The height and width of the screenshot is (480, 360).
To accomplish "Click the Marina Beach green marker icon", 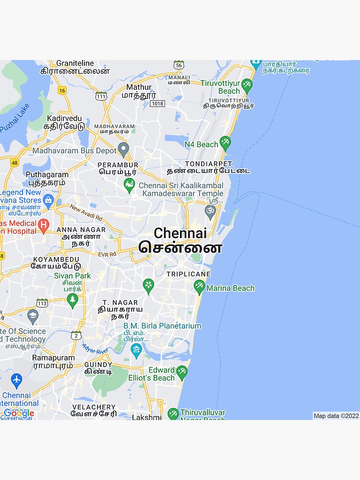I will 199,287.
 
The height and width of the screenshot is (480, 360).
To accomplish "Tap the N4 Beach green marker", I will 225,143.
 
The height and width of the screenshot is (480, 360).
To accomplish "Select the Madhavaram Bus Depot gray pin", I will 123,149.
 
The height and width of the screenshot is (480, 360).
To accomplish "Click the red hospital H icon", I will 43,224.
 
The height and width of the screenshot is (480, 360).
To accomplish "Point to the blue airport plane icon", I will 16,380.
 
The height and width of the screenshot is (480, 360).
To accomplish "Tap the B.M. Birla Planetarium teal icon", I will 136,349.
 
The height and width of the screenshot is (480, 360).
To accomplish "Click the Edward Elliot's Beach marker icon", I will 182,372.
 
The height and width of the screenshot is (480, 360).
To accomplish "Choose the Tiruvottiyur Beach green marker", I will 247,86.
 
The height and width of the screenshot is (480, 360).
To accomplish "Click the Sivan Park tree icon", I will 72,300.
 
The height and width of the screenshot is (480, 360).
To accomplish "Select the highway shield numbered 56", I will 179,65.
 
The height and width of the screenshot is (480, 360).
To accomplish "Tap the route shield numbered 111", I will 101,96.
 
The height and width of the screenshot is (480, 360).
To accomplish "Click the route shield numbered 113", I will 42,303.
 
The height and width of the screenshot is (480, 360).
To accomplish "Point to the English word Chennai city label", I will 180,233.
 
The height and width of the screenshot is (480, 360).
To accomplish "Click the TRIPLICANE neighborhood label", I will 188,274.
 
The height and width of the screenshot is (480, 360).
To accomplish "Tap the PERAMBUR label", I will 118,165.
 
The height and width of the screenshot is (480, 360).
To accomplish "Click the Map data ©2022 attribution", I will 336,416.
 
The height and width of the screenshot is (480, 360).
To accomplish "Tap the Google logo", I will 19,413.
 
